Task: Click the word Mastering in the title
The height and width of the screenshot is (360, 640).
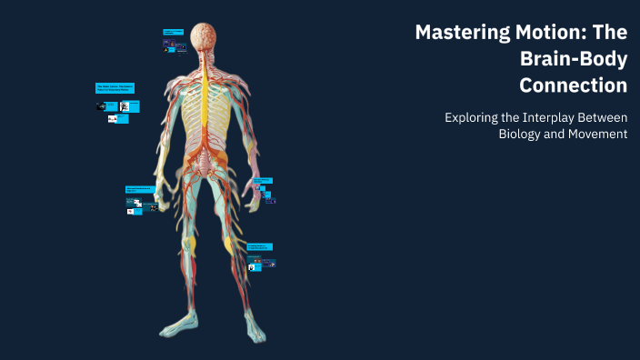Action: (455, 34)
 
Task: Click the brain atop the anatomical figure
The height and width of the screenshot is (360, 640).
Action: (205, 35)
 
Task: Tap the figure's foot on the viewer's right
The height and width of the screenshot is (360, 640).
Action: (255, 331)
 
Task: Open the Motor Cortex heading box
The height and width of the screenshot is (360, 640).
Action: (116, 88)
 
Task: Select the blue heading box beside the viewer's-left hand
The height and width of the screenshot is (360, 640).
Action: (142, 189)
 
